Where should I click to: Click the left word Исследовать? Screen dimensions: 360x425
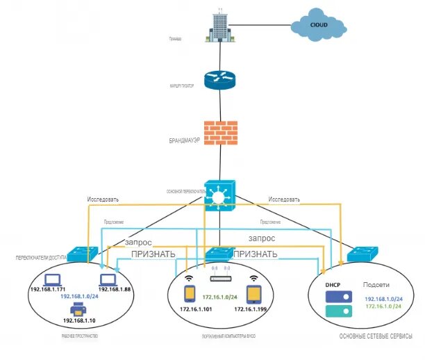click(x=103, y=199)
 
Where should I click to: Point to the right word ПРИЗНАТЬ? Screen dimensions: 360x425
click(x=256, y=254)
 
